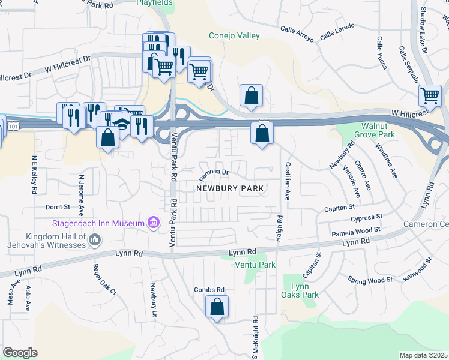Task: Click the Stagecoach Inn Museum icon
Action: (154, 223)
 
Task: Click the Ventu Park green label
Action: (255, 265)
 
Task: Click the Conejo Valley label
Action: (234, 36)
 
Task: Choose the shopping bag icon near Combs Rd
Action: (217, 307)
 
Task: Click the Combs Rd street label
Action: (209, 289)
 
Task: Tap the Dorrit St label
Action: (58, 207)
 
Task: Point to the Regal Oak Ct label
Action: (104, 280)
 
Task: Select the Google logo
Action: (20, 352)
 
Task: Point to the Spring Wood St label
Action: (370, 280)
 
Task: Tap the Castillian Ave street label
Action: (288, 181)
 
